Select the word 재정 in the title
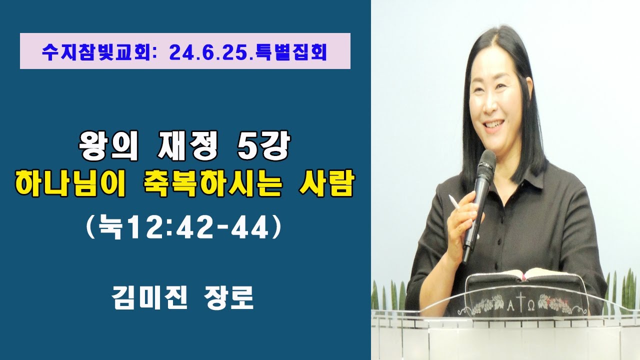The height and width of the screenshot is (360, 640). pos(185,147)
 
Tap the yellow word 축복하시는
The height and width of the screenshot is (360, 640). pos(205,183)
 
